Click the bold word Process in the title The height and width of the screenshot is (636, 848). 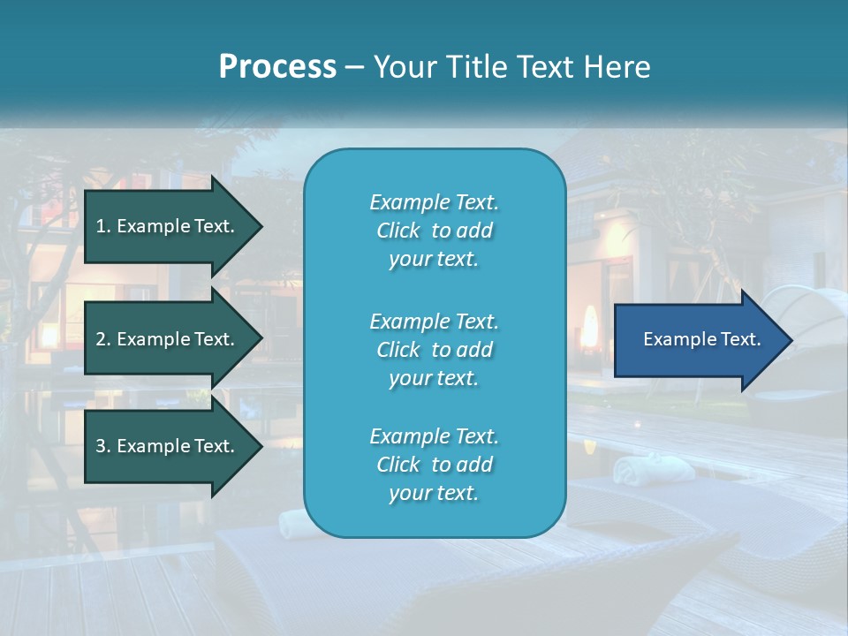277,67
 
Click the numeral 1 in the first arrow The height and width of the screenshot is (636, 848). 100,226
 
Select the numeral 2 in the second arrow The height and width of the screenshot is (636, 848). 101,339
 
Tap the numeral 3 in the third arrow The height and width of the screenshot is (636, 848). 101,446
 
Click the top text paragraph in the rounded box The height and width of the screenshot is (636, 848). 434,231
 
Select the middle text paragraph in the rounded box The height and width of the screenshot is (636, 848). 434,350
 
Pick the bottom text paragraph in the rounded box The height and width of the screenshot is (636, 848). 434,465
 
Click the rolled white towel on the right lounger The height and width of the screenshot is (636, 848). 640,470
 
